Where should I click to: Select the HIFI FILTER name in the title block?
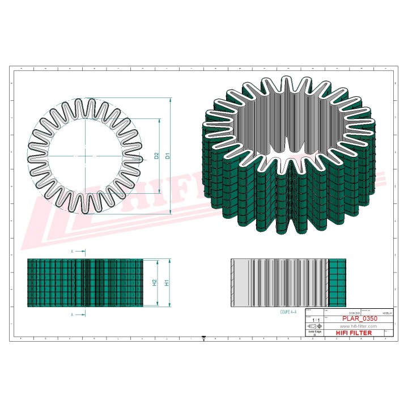[x=354, y=333]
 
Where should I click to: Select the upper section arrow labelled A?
[x=79, y=250]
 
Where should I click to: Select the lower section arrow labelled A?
[x=79, y=313]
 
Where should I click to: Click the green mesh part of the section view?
[x=337, y=283]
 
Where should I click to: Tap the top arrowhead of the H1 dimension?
[x=171, y=261]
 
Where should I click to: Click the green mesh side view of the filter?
[x=85, y=283]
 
